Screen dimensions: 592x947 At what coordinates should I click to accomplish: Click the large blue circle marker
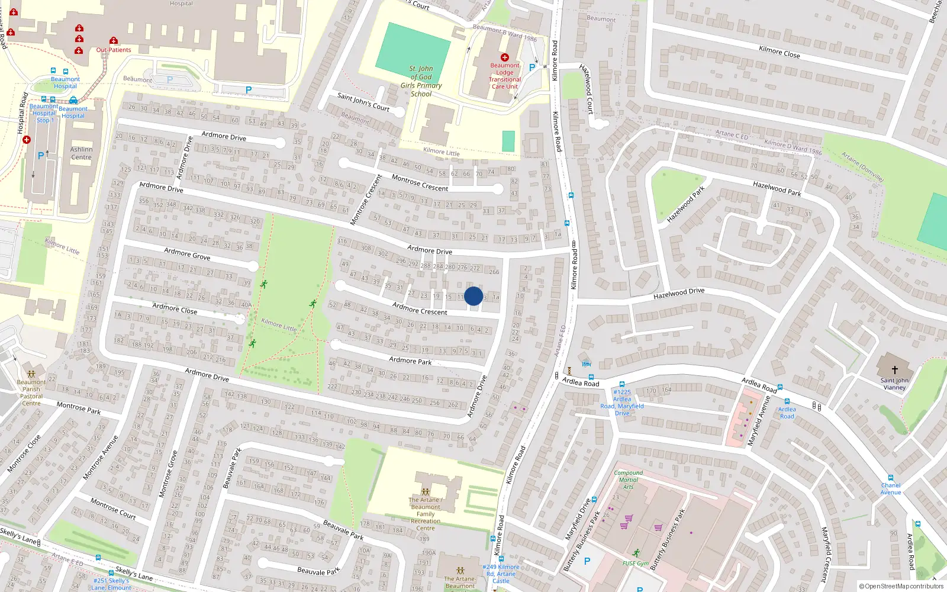point(474,296)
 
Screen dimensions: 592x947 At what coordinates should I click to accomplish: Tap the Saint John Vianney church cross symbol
point(894,369)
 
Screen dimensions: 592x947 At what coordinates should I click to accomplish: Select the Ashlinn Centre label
point(82,153)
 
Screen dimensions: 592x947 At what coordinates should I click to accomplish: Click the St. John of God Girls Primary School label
point(421,81)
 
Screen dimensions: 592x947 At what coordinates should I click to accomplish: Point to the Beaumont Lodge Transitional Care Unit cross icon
point(505,57)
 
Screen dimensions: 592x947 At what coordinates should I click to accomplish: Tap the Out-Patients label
point(114,50)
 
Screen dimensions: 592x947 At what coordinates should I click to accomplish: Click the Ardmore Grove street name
point(187,254)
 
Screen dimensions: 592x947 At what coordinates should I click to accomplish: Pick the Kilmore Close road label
point(779,52)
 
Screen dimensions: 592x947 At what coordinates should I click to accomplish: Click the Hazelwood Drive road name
point(679,293)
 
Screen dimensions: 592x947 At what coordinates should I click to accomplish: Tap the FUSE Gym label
point(635,563)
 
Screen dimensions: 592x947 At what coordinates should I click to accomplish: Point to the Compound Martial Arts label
point(628,480)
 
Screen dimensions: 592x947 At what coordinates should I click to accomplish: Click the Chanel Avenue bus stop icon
point(890,478)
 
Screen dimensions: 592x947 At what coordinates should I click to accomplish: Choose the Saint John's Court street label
point(363,101)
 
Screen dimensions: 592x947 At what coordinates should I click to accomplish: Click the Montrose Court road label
point(113,509)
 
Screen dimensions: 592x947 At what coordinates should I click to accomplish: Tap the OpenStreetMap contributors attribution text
point(901,587)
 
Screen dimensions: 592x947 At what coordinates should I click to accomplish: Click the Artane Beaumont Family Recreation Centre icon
point(425,491)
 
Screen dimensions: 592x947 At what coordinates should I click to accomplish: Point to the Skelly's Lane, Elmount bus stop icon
point(98,558)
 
